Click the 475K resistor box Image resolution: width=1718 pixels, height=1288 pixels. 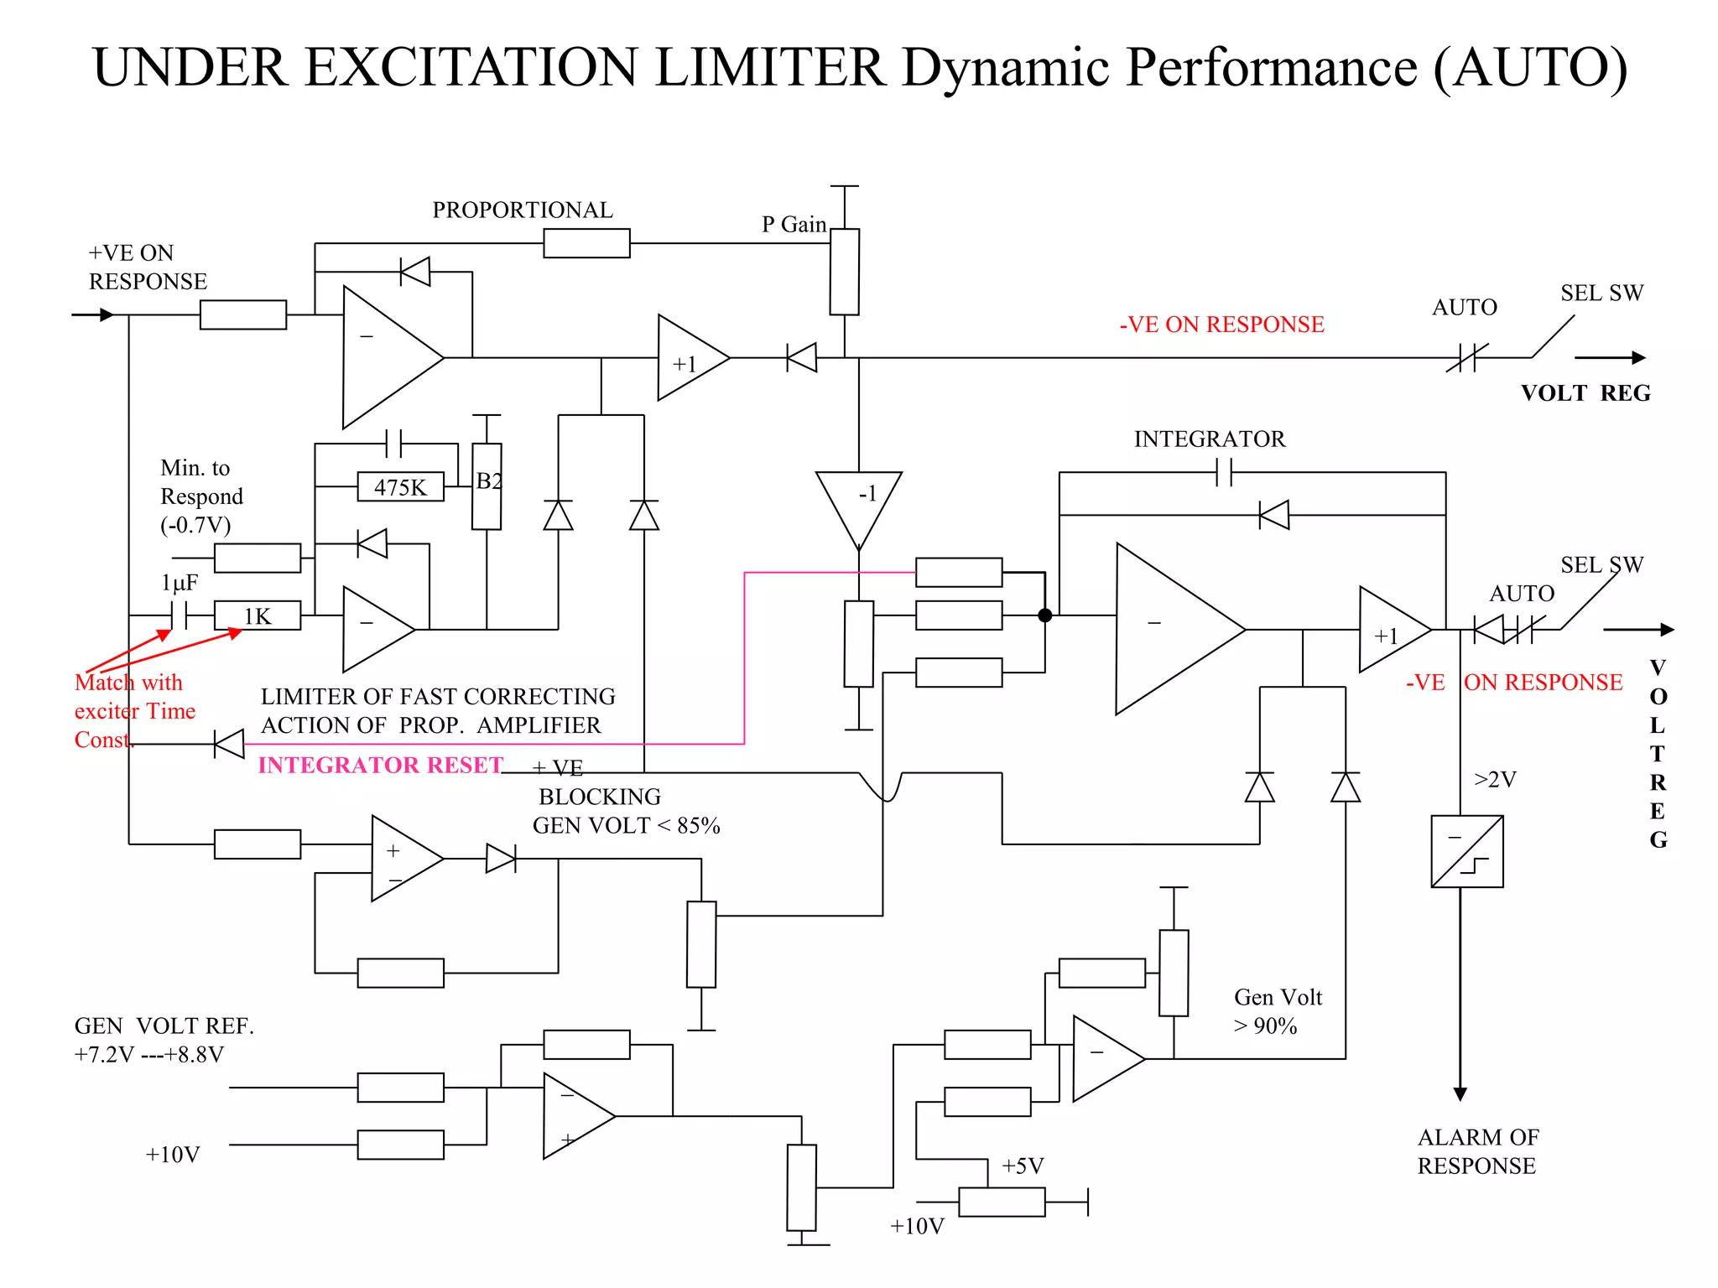(x=400, y=487)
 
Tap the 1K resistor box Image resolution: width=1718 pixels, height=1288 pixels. (x=257, y=616)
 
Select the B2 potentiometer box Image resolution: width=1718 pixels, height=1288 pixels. (x=487, y=486)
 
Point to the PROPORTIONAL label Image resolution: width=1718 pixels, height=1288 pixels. (x=522, y=210)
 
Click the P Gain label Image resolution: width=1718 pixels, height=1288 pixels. (x=794, y=225)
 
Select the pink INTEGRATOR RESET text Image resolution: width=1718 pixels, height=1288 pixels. (x=380, y=765)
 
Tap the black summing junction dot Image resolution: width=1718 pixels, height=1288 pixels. (x=1045, y=615)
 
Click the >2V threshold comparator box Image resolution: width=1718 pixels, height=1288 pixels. (x=1467, y=851)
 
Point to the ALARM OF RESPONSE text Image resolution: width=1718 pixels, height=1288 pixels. (x=1477, y=1151)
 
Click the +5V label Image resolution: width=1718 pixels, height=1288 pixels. (x=1023, y=1166)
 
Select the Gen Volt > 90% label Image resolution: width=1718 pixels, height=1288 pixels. (x=1277, y=1011)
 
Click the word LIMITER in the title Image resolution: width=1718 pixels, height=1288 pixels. (x=769, y=67)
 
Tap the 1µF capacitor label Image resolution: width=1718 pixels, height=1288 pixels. (x=180, y=583)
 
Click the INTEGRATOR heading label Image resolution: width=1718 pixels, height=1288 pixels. (x=1209, y=439)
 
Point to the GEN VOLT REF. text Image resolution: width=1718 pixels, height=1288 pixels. (x=164, y=1026)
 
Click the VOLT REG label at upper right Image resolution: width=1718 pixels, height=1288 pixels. (x=1585, y=393)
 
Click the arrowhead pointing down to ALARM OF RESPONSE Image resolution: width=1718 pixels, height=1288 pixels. (x=1460, y=1093)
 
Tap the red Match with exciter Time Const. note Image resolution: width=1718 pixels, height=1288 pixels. (x=134, y=711)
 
